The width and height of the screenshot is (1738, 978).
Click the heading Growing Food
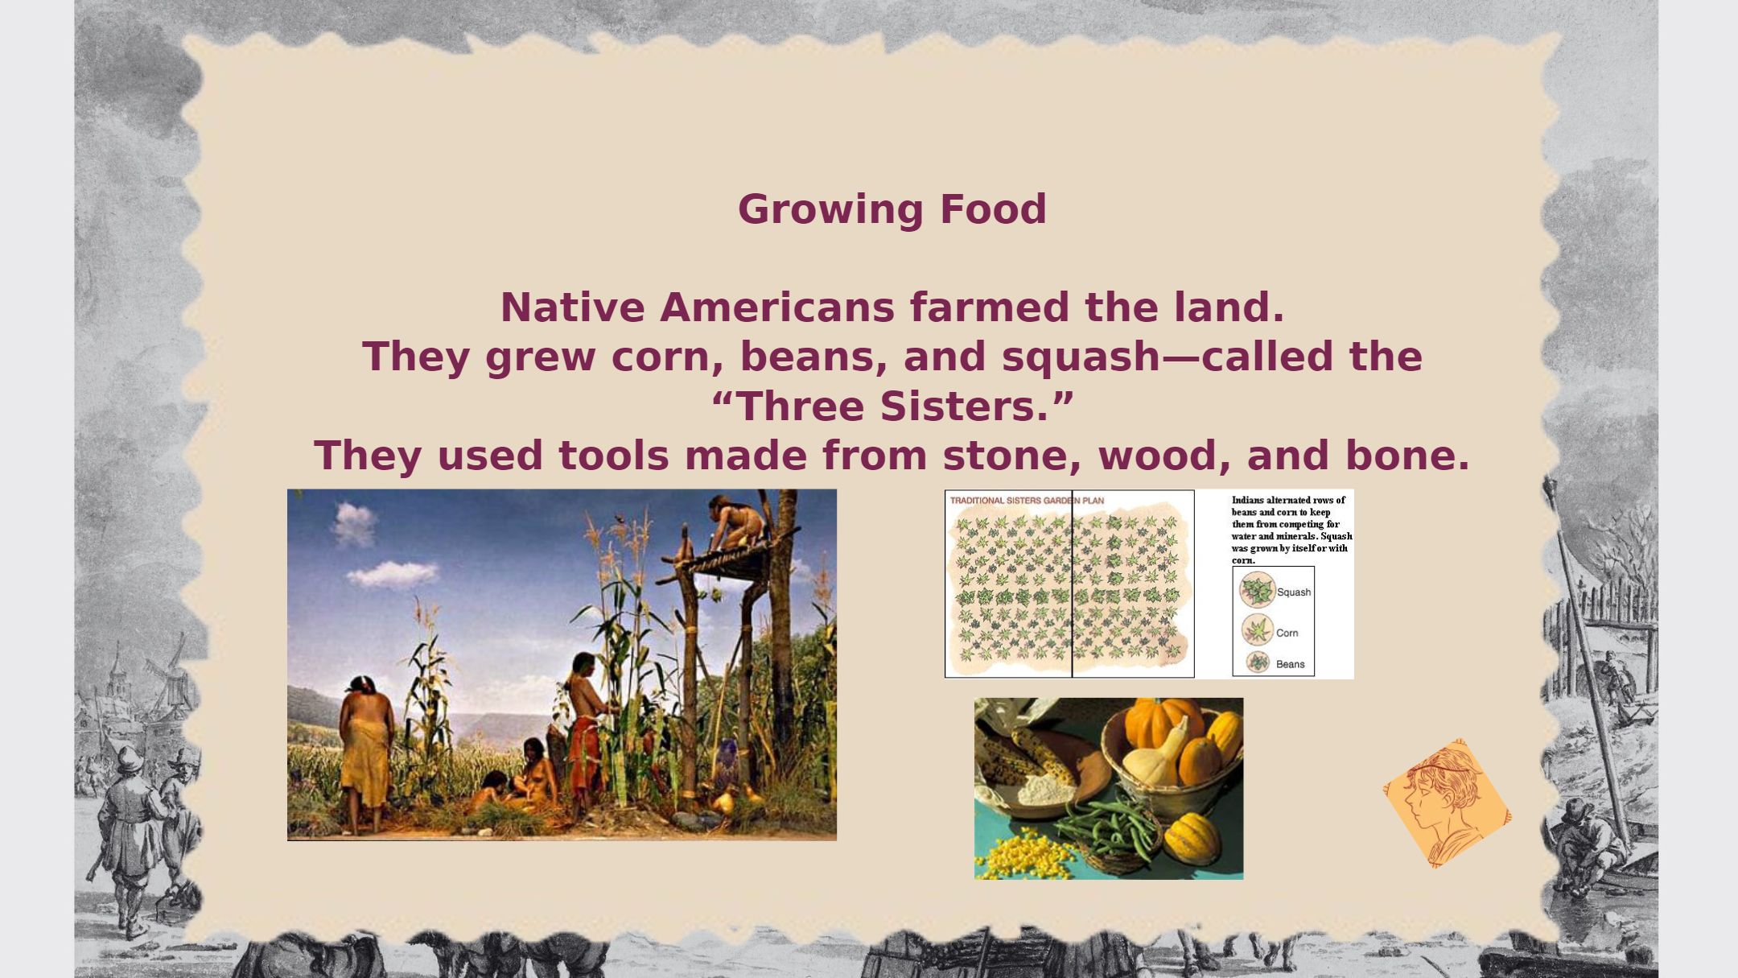(892, 209)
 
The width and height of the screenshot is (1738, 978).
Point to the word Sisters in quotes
(963, 406)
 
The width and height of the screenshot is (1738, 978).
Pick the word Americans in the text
(776, 307)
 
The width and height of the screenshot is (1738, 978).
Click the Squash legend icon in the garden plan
(1257, 590)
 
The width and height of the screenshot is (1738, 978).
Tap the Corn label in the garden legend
(1287, 633)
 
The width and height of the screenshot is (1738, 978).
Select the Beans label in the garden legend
(1290, 664)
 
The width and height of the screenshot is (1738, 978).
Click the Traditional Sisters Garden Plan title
(1027, 501)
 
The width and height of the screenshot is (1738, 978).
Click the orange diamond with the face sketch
(1447, 803)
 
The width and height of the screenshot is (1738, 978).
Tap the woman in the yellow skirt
(366, 753)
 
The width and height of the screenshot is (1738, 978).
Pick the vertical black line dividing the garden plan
(1072, 584)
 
